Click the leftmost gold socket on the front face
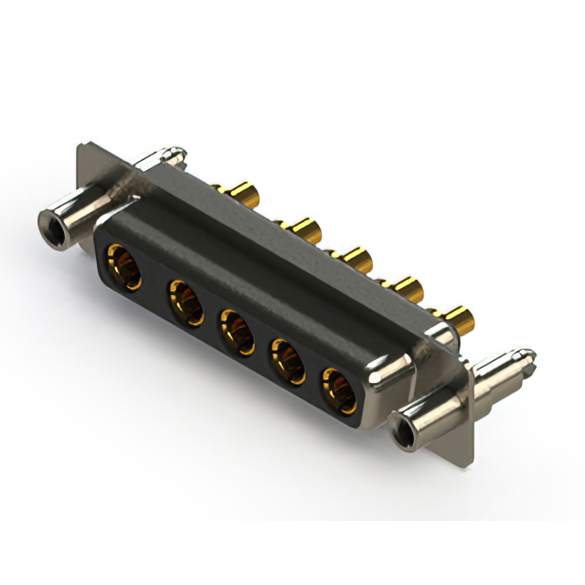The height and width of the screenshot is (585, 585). coord(123,266)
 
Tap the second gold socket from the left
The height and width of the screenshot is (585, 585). coord(186,302)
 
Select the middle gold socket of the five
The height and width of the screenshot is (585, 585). coord(237,331)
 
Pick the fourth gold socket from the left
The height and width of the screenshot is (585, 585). coord(288,359)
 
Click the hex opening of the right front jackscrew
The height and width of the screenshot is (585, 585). coord(399,428)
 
